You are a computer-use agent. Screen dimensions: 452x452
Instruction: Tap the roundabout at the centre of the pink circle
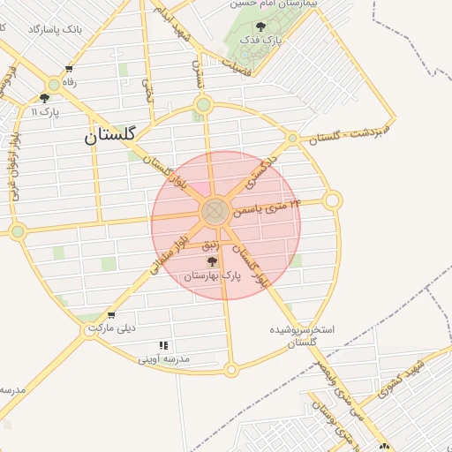(215, 212)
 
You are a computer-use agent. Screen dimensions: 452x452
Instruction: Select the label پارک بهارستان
(212, 276)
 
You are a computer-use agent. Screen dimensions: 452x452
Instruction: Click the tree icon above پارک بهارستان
(211, 261)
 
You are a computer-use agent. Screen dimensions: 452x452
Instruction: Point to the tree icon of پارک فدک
(260, 27)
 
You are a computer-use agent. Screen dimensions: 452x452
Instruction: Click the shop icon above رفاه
(69, 69)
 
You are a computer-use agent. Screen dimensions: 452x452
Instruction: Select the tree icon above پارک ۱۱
(44, 98)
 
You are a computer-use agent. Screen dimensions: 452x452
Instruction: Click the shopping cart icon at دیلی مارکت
(110, 314)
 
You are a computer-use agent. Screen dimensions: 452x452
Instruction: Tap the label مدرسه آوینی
(164, 359)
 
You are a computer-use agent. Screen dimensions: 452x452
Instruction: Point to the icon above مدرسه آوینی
(162, 345)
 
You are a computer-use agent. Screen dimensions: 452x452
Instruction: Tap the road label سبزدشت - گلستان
(347, 135)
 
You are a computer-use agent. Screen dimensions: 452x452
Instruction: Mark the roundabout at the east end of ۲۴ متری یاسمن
(332, 201)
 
